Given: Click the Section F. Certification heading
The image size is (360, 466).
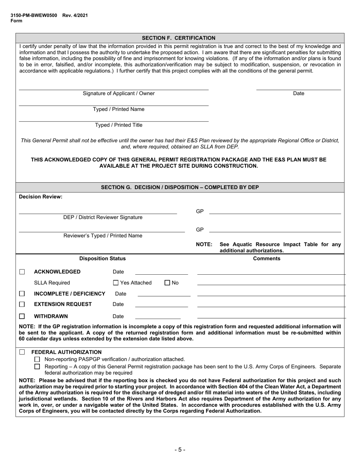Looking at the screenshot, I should point(178,38).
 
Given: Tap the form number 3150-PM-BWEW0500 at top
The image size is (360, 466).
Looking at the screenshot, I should point(34,16).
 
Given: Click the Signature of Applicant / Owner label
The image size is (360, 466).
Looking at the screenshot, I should point(119,94).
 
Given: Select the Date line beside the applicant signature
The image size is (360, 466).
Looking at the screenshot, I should point(298,89).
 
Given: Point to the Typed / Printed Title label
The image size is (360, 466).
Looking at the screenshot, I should point(119,125).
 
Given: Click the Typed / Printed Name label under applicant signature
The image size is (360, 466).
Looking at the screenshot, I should point(119,109).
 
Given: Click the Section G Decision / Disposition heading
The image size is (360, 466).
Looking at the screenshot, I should point(180,187).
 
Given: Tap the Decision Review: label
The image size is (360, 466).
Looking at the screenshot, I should point(41,197).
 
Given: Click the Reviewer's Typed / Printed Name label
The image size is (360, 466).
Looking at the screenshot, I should point(103,236).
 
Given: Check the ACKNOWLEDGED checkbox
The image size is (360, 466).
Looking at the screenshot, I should point(22,272).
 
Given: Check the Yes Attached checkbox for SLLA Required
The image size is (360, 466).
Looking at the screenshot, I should point(116,283).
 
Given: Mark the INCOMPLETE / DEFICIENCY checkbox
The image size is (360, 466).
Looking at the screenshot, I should point(22,294).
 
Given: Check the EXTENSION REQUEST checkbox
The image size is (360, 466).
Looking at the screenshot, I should point(22,304).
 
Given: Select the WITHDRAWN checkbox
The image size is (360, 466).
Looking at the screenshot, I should point(22,316).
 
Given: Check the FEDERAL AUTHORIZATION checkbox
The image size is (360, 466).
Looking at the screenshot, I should point(22,352).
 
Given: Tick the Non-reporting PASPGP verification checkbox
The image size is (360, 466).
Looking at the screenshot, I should point(37,360).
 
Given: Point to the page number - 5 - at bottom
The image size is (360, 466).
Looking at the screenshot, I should point(180,450).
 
